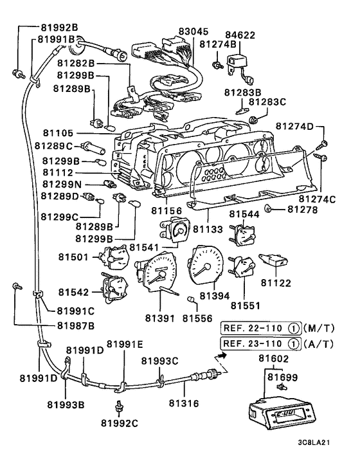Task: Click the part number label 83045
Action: (194, 32)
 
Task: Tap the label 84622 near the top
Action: (240, 35)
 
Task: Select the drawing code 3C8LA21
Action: (314, 442)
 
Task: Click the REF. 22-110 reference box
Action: (261, 329)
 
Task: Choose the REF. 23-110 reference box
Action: (261, 344)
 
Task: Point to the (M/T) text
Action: (319, 329)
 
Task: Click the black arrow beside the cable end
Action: (222, 355)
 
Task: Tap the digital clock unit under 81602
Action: (282, 412)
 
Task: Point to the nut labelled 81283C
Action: (253, 120)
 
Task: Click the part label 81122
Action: (276, 282)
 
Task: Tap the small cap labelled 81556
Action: (191, 300)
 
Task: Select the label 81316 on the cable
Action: (184, 403)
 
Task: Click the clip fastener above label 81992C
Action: (119, 406)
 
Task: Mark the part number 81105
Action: (59, 133)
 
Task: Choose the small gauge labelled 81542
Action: (114, 288)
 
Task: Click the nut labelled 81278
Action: (267, 208)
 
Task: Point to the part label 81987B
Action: (76, 326)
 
